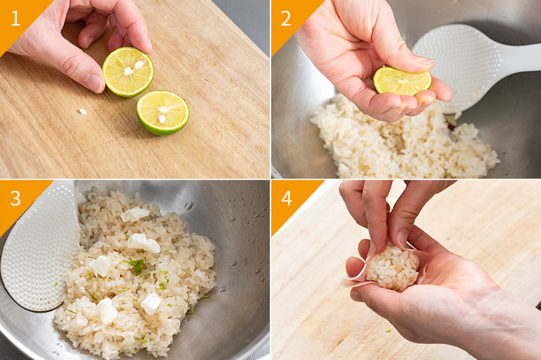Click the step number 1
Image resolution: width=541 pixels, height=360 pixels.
click(16, 19)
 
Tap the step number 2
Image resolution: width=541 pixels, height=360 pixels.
click(286, 19)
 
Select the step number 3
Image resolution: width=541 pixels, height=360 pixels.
click(16, 198)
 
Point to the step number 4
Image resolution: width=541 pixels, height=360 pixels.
click(287, 198)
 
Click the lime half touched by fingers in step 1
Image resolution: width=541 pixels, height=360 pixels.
click(128, 72)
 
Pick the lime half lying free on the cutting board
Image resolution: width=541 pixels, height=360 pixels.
click(162, 113)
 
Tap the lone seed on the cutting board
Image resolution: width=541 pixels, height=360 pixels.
click(83, 111)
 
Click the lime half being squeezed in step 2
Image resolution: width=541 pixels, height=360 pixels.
click(402, 81)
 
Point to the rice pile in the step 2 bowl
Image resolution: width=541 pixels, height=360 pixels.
click(403, 141)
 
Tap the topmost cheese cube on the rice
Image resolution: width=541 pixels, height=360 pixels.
click(134, 214)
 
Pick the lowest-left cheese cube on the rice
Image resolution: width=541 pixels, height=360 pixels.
click(107, 310)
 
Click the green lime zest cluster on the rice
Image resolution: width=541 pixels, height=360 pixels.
click(135, 266)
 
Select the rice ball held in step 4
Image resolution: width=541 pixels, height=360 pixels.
click(393, 268)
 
